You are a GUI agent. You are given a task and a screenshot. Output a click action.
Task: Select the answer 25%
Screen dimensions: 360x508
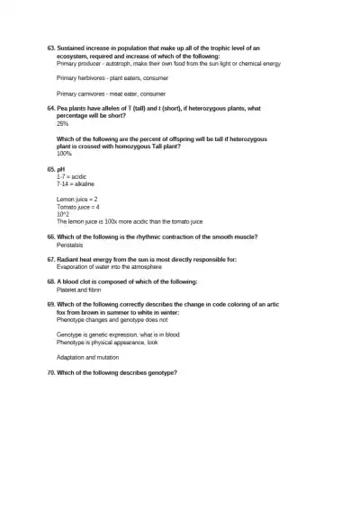coord(63,123)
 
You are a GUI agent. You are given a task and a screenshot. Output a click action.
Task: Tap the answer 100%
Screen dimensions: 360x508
coord(64,154)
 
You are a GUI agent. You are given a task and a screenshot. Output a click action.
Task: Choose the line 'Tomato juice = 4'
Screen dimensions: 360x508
coord(78,206)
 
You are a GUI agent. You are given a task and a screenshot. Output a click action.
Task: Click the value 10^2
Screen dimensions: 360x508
coord(63,213)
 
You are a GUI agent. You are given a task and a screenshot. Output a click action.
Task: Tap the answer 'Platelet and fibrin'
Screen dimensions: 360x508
coord(79,290)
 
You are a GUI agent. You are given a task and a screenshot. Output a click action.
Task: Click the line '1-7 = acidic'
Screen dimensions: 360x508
coord(72,176)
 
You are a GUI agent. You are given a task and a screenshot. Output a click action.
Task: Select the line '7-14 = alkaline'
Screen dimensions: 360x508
coord(76,183)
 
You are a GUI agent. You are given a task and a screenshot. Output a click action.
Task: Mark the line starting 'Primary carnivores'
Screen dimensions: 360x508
coord(111,94)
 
